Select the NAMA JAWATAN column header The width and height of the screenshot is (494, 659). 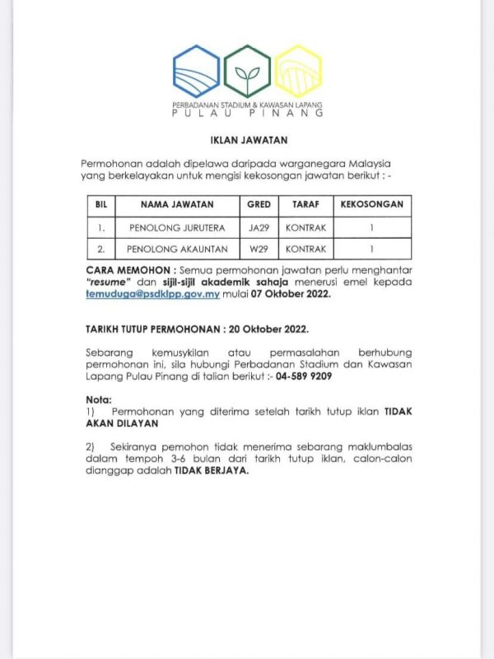tap(177, 204)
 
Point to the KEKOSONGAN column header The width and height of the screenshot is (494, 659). tap(371, 204)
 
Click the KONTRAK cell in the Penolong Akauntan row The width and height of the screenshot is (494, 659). tap(305, 248)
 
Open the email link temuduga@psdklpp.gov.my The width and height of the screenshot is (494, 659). tap(150, 292)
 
